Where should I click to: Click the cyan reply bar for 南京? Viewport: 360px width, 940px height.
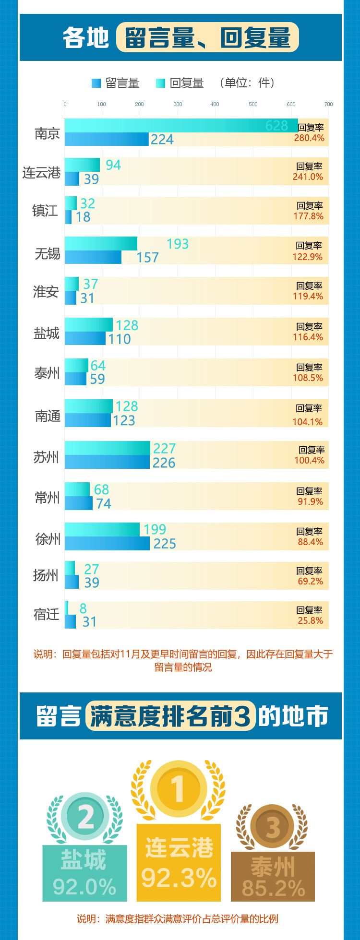(181, 125)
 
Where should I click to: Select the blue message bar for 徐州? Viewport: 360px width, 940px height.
(107, 543)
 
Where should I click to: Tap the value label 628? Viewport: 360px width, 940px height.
(276, 126)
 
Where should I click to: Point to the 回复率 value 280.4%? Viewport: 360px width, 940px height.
(310, 138)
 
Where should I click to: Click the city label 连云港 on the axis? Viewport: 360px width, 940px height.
(41, 172)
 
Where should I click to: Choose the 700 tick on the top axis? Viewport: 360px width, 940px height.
(328, 104)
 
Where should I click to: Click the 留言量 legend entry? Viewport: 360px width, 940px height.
(116, 83)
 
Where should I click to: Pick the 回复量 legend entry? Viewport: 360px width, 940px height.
(180, 83)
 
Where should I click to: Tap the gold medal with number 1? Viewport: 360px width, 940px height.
(179, 789)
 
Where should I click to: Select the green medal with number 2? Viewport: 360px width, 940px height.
(86, 817)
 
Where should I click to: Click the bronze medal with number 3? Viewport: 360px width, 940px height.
(273, 827)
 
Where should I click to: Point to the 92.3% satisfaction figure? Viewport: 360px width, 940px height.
(179, 878)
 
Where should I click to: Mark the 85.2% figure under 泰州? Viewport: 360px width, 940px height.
(273, 888)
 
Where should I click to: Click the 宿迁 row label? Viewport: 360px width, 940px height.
(47, 614)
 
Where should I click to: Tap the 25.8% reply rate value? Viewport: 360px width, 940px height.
(310, 620)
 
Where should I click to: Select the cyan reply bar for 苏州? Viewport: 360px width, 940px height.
(107, 448)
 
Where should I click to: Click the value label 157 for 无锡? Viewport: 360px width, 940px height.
(147, 258)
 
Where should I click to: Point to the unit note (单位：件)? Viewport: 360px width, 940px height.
(247, 83)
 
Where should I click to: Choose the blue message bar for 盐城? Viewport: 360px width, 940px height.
(85, 338)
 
